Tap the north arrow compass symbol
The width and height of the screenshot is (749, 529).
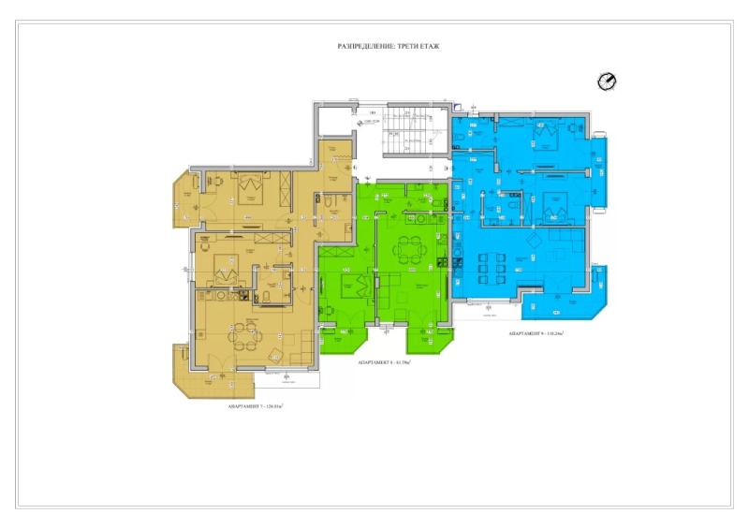click(606, 81)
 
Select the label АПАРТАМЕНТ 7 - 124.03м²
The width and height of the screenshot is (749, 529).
click(255, 406)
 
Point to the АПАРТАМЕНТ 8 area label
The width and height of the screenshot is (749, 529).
click(385, 361)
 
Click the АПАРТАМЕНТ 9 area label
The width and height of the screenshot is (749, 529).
click(541, 333)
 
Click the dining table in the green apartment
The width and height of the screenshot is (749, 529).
click(409, 249)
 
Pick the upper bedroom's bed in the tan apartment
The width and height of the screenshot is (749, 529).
click(250, 187)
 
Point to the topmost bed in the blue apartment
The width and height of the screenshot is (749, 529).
click(543, 138)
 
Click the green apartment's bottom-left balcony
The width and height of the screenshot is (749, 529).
click(344, 338)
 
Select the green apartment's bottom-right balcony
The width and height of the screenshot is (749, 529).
click(430, 338)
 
